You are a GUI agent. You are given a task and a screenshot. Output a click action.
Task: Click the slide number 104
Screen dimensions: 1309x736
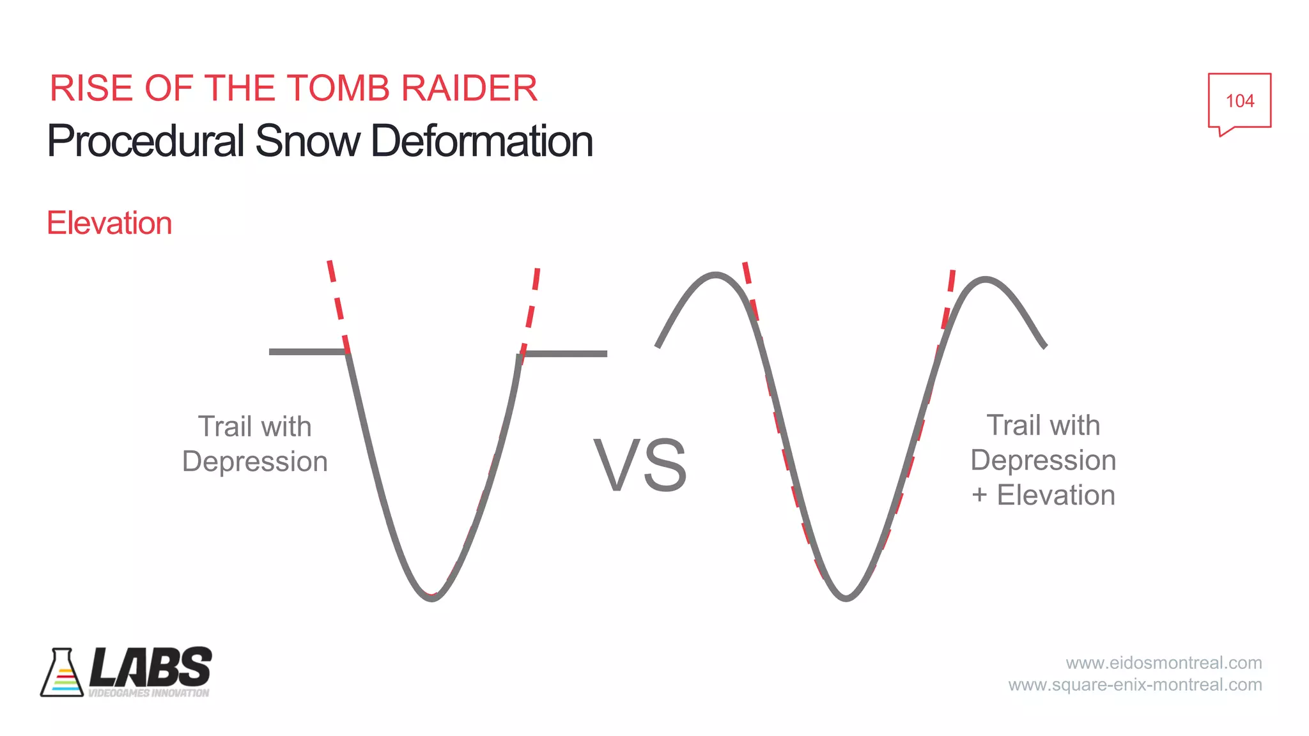click(1239, 101)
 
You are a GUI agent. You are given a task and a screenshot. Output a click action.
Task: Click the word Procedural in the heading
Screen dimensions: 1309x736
click(146, 141)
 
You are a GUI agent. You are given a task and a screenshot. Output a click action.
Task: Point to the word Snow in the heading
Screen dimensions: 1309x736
click(307, 141)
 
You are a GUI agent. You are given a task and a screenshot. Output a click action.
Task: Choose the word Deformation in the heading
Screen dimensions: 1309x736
click(482, 141)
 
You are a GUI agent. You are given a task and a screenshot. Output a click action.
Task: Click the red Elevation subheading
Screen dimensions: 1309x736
click(109, 224)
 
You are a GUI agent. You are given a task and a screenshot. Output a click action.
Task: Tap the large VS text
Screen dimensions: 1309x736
click(640, 465)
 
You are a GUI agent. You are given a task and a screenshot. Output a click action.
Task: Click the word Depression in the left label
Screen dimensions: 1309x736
click(255, 461)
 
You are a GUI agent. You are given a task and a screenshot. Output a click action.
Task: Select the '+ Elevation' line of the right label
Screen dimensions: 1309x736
click(1043, 495)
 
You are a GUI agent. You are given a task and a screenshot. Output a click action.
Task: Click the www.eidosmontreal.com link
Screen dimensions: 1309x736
click(1163, 663)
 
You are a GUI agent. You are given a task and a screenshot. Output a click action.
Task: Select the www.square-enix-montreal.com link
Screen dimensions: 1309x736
click(1135, 685)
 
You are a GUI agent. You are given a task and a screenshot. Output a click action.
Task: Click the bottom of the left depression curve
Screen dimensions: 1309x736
click(432, 597)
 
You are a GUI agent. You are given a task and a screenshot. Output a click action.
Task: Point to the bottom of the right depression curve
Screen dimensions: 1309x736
click(846, 597)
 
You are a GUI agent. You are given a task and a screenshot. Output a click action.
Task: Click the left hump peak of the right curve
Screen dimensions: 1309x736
click(715, 275)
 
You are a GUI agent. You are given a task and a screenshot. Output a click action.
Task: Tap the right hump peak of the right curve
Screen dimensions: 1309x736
click(986, 279)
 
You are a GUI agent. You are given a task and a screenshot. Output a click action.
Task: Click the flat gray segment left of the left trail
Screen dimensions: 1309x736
click(307, 351)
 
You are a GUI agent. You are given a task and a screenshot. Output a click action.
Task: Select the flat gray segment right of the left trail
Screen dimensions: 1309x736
click(565, 353)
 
